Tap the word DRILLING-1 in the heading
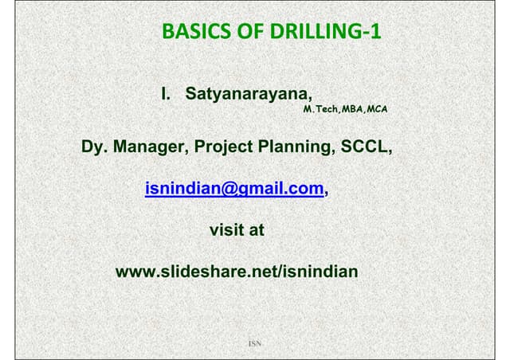pyautogui.click(x=325, y=31)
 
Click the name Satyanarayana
pyautogui.click(x=246, y=94)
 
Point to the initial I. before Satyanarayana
pyautogui.click(x=166, y=94)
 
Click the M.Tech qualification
pyautogui.click(x=320, y=109)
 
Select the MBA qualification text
pyautogui.click(x=352, y=109)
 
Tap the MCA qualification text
pyautogui.click(x=377, y=109)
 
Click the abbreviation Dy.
pyautogui.click(x=94, y=147)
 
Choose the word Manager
pyautogui.click(x=151, y=147)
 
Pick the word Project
pyautogui.click(x=223, y=147)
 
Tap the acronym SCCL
pyautogui.click(x=363, y=147)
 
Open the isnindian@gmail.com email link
pyautogui.click(x=234, y=189)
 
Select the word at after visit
pyautogui.click(x=257, y=230)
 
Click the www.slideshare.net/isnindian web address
pyautogui.click(x=237, y=272)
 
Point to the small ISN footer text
pyautogui.click(x=255, y=343)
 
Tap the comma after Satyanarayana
pyautogui.click(x=310, y=99)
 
